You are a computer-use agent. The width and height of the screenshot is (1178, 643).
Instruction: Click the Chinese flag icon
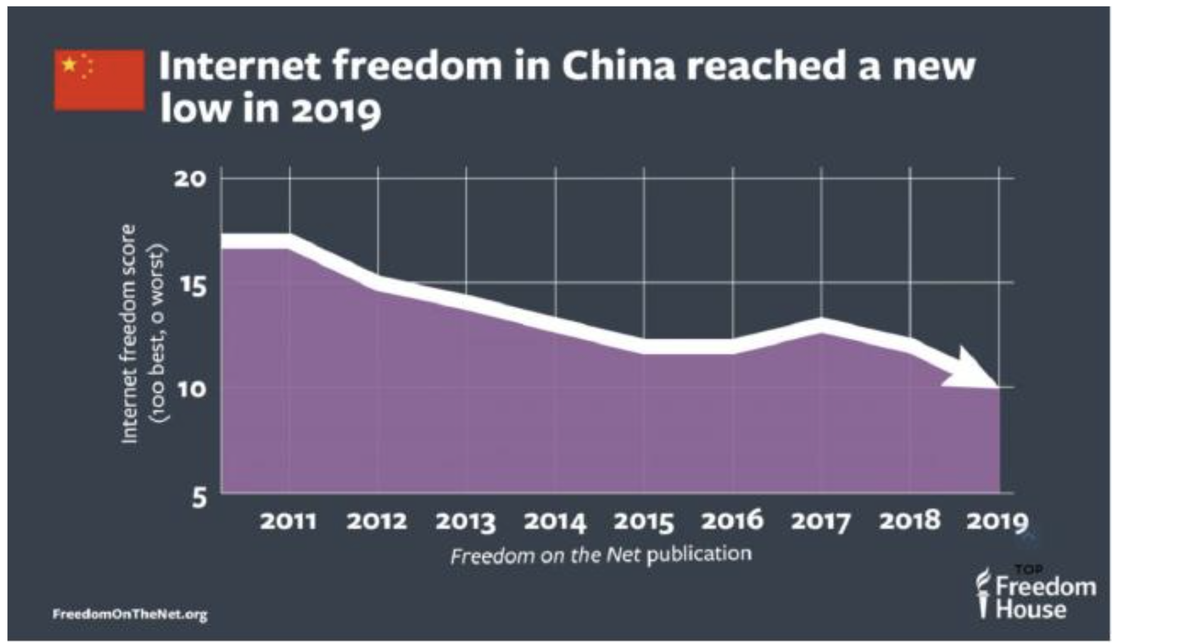99,80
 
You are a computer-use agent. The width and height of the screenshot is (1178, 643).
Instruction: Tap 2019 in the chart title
336,110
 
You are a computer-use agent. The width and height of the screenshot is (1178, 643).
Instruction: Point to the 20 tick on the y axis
190,178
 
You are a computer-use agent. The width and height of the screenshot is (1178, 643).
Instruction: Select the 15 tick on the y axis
192,284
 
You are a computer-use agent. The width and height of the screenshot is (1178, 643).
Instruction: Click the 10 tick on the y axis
191,389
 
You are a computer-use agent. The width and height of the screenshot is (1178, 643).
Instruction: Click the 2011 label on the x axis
288,521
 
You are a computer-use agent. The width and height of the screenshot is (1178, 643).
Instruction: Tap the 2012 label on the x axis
376,521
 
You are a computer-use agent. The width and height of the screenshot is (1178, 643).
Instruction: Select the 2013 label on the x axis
465,521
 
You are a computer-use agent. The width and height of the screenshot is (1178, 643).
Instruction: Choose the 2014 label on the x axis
554,521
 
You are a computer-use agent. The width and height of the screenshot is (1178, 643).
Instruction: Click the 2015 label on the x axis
644,521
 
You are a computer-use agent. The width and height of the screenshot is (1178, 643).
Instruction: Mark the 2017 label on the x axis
821,521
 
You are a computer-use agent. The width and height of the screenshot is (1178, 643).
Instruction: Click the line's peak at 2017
821,325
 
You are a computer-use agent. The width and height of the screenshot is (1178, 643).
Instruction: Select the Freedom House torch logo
983,592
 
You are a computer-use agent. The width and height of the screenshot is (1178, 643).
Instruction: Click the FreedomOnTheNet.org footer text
130,614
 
